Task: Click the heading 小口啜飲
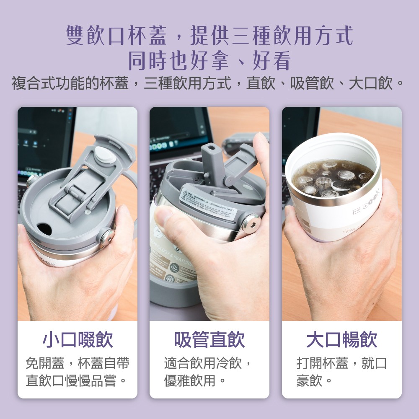78,339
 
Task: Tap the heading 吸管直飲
209,339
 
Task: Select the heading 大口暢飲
341,339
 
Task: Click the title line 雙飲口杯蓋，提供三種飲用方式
209,36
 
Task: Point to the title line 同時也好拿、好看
209,61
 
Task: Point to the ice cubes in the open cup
331,178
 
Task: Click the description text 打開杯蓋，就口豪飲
341,372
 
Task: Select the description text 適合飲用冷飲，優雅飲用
209,372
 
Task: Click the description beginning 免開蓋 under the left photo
78,372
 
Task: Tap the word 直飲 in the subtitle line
260,83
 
